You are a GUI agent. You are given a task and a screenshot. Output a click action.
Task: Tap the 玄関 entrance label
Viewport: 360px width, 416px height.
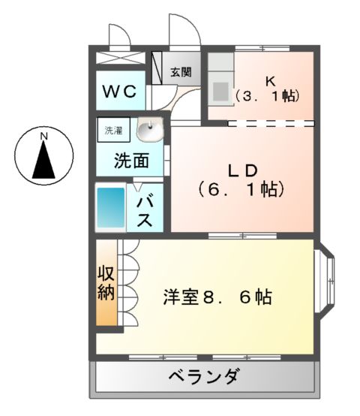[179, 72]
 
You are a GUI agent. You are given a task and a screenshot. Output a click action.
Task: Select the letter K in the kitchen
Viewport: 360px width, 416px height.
[270, 79]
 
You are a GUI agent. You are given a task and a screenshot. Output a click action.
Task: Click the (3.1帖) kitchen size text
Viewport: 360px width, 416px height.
[268, 96]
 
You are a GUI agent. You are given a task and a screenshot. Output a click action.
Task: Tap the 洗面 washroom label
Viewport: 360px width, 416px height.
[130, 160]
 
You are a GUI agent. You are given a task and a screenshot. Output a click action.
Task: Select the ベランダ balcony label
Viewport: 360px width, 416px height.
[203, 376]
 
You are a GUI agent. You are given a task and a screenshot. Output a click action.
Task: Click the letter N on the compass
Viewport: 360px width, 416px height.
[43, 135]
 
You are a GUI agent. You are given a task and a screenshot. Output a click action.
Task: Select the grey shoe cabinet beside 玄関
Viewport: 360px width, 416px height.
[158, 68]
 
